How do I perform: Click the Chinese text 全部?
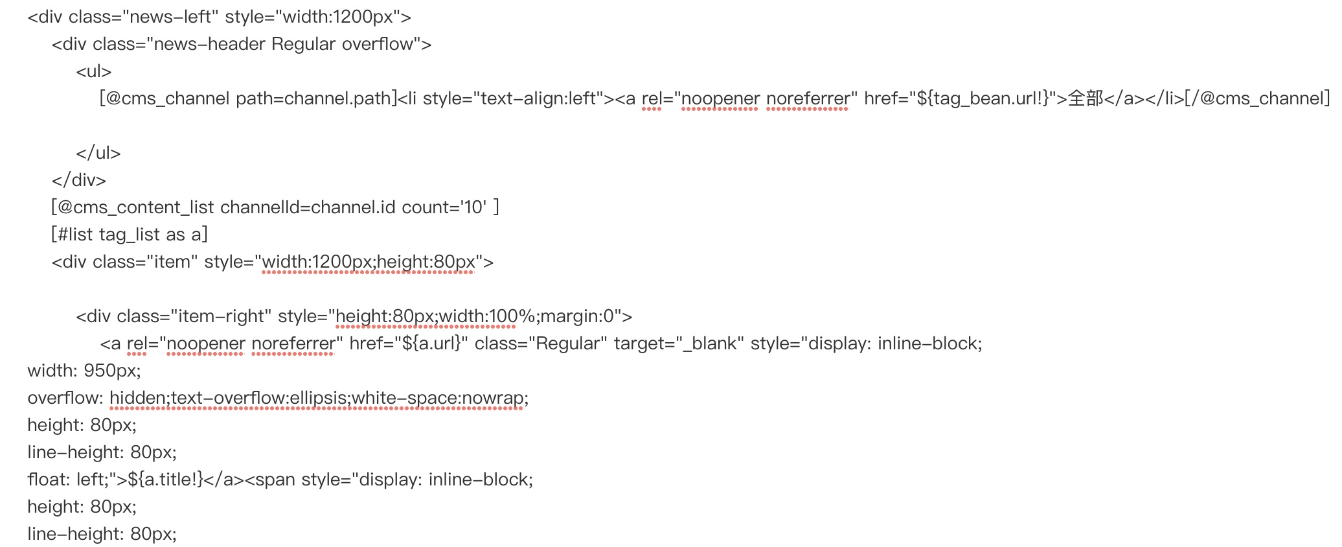(x=1085, y=99)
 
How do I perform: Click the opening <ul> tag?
(x=94, y=71)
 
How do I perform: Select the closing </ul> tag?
(x=98, y=153)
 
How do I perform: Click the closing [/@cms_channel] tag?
(x=1257, y=99)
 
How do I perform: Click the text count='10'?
(x=444, y=207)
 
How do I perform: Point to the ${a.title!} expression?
(x=166, y=480)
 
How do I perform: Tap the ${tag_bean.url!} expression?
(x=985, y=99)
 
